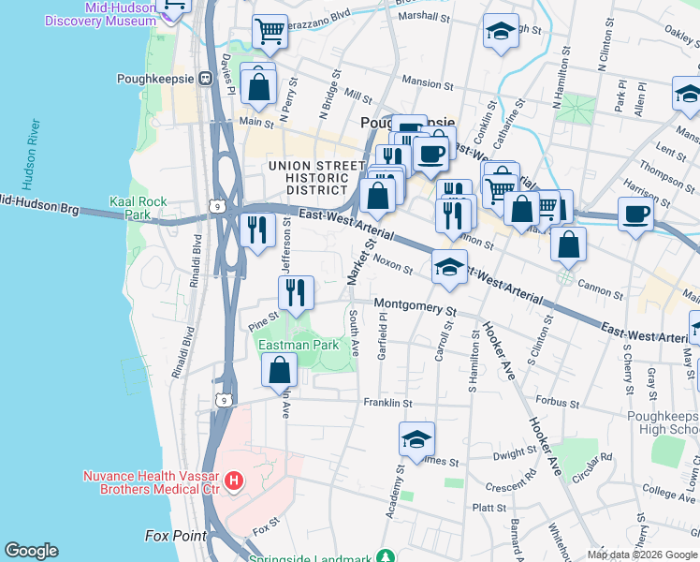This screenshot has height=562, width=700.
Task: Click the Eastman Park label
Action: point(298,345)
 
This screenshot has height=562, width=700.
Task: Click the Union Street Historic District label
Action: point(314,178)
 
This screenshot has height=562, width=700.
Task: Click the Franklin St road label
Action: point(387,403)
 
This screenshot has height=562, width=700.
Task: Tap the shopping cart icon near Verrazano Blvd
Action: point(270,31)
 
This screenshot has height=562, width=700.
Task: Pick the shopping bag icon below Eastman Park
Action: point(280,372)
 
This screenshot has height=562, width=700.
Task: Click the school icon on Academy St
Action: point(416,437)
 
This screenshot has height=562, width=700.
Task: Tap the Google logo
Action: point(31,551)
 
